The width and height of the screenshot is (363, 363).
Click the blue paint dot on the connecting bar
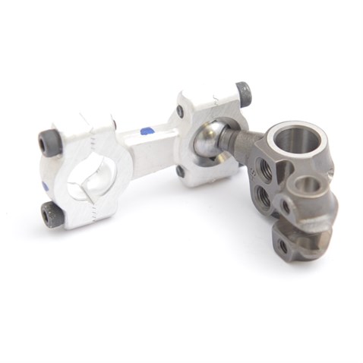click(147, 131)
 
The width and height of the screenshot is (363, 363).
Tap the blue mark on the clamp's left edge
click(46, 186)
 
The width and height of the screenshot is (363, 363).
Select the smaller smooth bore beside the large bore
click(309, 187)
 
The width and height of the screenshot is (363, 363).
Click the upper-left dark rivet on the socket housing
click(180, 112)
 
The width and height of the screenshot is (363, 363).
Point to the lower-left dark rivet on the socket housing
click(180, 172)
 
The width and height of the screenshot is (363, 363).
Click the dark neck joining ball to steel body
click(241, 142)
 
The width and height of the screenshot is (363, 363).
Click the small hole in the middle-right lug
click(286, 205)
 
